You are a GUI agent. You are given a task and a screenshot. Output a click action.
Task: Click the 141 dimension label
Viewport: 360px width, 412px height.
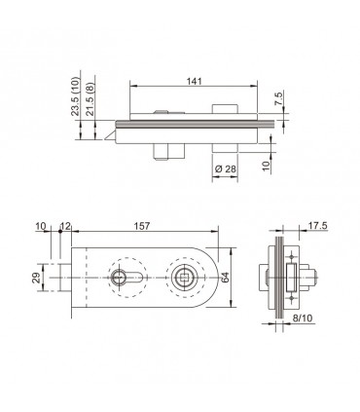pyautogui.click(x=195, y=81)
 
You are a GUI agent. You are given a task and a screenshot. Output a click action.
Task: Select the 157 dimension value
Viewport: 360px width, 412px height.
pyautogui.click(x=142, y=226)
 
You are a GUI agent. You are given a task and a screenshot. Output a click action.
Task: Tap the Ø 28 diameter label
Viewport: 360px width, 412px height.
pyautogui.click(x=226, y=169)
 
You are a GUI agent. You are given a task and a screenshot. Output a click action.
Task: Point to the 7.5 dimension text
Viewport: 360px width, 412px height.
pyautogui.click(x=278, y=98)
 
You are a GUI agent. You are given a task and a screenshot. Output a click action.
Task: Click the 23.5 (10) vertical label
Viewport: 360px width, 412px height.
pyautogui.click(x=75, y=96)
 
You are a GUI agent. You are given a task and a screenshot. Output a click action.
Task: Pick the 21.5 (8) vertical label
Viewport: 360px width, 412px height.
pyautogui.click(x=90, y=99)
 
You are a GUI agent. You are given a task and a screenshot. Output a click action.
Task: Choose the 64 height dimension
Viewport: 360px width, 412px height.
pyautogui.click(x=225, y=277)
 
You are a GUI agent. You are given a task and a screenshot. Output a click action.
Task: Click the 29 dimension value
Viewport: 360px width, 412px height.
pyautogui.click(x=36, y=278)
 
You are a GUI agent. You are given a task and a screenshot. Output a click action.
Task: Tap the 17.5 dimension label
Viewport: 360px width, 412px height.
pyautogui.click(x=318, y=226)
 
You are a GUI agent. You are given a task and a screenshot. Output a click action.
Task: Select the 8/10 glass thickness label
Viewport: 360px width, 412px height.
pyautogui.click(x=303, y=318)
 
